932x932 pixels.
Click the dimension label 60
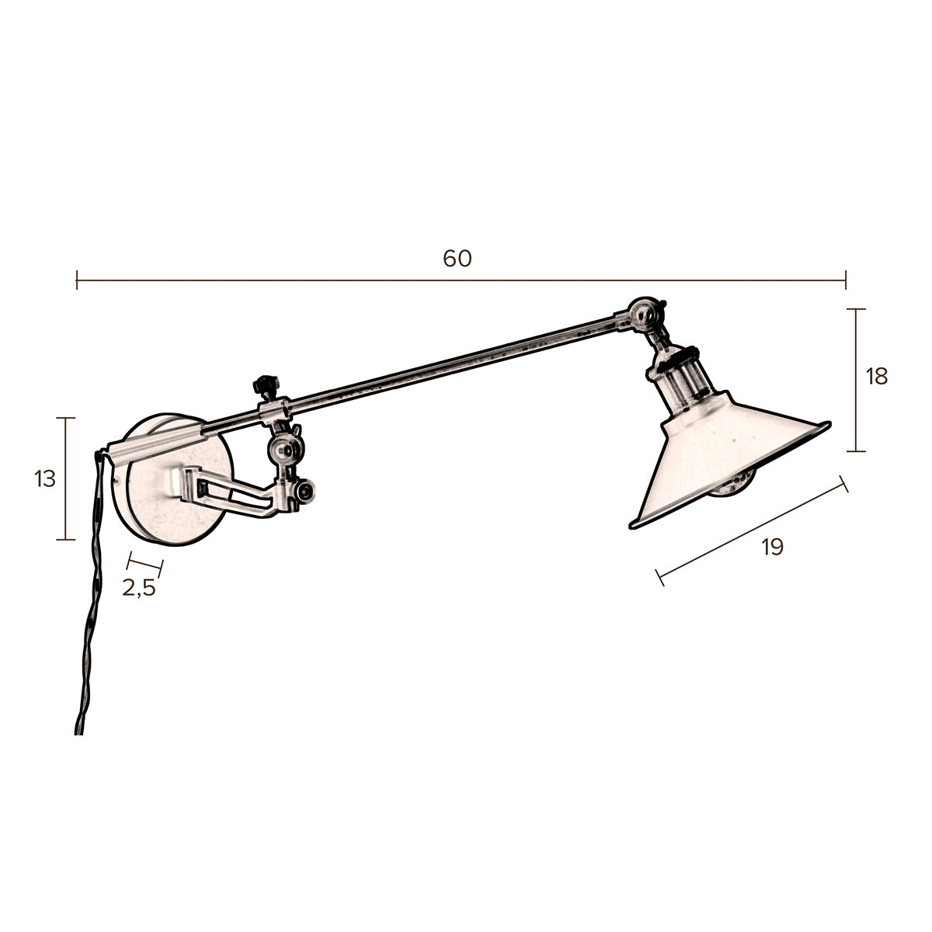coord(457,259)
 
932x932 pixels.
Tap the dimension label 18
coord(876,377)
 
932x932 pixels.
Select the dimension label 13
coord(45,479)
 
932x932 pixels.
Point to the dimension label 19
coord(772,547)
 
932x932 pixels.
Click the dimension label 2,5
coord(139,588)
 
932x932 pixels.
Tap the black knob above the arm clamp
coord(266,384)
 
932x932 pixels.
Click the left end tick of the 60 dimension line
coord(77,280)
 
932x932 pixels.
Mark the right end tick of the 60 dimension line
coord(846,280)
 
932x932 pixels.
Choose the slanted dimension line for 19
coord(752,530)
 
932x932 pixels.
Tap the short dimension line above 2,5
coord(145,562)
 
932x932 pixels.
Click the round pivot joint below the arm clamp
coord(284,450)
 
